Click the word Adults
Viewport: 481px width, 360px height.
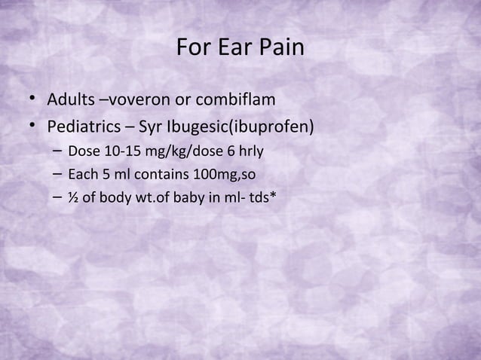point(70,100)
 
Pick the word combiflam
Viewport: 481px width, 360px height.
point(229,100)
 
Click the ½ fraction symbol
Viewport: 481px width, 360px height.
point(72,200)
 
